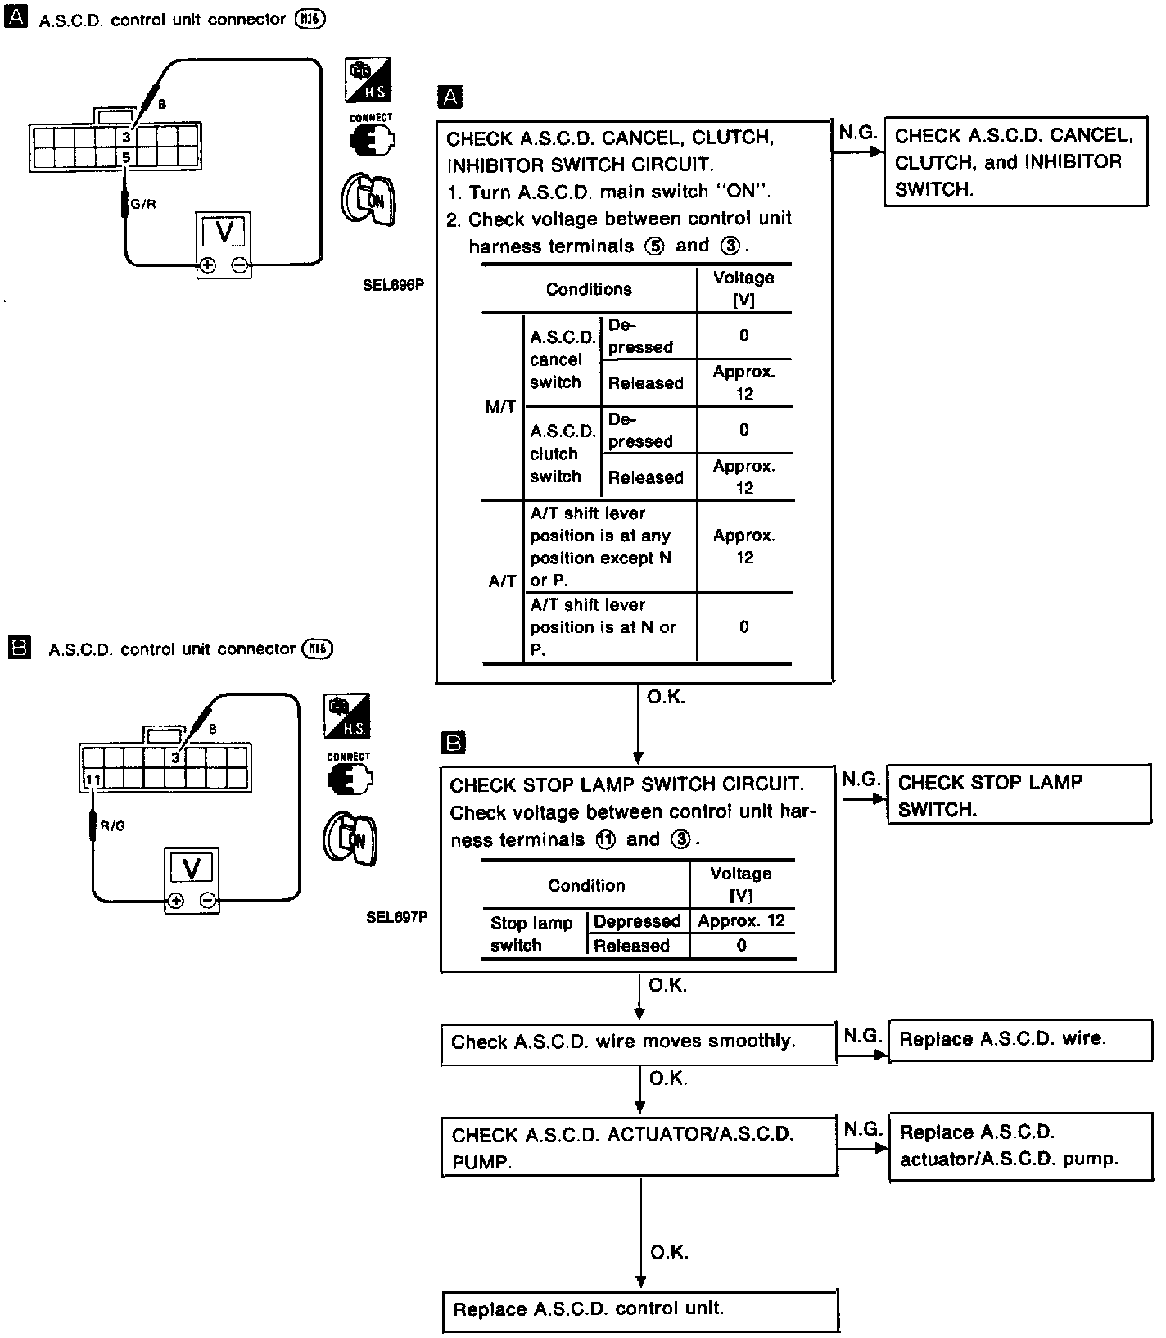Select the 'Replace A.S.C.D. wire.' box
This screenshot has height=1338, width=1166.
point(1019,1040)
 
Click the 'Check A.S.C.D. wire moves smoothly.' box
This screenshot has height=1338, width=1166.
point(638,1042)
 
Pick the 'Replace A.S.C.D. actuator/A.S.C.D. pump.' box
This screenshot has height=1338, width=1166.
point(1019,1146)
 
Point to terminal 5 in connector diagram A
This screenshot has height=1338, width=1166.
point(126,157)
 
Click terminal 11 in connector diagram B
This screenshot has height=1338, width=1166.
point(93,780)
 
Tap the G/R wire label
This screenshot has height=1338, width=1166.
point(143,204)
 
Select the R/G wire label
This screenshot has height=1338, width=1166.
point(113,826)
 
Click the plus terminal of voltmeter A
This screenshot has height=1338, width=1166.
point(208,265)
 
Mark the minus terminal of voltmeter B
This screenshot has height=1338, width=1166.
point(208,901)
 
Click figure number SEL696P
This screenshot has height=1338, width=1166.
point(395,285)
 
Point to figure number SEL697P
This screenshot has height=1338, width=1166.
point(396,917)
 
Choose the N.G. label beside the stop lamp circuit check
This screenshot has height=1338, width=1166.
point(861,780)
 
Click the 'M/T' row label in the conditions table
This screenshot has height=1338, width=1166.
point(500,406)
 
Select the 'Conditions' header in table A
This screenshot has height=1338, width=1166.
point(589,289)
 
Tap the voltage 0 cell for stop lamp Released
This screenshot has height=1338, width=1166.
point(742,946)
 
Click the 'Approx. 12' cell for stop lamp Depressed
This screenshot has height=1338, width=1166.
point(742,920)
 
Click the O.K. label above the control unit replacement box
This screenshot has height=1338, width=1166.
point(669,1252)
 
